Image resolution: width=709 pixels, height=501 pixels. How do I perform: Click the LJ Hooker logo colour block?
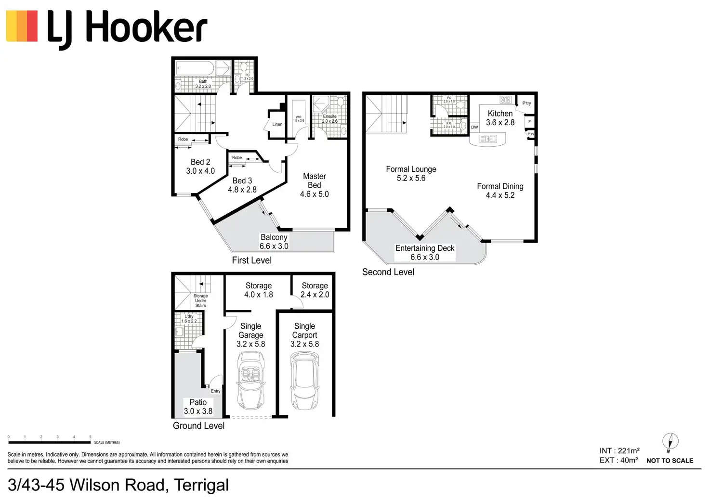[22, 26]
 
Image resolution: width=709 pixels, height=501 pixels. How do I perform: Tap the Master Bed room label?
[315, 181]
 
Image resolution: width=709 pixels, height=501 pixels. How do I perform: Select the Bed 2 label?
[200, 162]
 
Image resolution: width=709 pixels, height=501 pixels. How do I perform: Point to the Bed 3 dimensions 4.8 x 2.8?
[242, 190]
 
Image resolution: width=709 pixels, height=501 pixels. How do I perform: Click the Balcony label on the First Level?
[274, 237]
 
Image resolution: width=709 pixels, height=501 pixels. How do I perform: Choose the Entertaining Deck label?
[425, 248]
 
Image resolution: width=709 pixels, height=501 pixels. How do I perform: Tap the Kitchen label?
[500, 114]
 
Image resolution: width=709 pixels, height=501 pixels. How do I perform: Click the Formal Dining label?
[500, 186]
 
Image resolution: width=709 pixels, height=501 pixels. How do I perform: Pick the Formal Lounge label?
[411, 169]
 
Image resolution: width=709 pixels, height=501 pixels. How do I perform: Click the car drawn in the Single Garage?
[251, 380]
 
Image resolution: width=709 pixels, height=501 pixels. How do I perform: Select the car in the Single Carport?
[304, 380]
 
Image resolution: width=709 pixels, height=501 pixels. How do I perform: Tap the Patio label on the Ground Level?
[198, 402]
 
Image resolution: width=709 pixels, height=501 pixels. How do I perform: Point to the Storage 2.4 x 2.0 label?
[315, 290]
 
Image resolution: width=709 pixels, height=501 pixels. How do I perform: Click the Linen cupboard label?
[277, 124]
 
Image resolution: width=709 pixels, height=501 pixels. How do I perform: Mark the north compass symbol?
[670, 441]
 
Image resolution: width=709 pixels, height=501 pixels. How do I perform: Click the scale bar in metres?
[50, 442]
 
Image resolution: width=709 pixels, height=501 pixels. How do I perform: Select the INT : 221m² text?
[619, 451]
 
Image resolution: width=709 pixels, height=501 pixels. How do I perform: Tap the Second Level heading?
[388, 272]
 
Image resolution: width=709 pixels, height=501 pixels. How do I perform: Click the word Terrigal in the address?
[201, 485]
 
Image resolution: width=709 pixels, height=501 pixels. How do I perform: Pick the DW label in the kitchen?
[474, 128]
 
